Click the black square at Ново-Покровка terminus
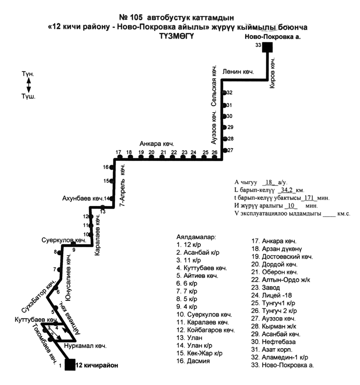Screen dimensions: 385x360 [268, 47]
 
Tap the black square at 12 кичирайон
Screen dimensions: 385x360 [70, 364]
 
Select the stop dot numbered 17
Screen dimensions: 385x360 [119, 158]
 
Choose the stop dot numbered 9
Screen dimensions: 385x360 [73, 245]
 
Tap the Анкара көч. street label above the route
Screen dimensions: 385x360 [157, 144]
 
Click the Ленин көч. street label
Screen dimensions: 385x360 [238, 72]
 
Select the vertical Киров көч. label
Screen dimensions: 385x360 [272, 75]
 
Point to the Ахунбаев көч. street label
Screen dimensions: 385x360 [83, 198]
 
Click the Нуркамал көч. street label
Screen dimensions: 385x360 [85, 346]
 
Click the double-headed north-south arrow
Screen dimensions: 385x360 [28, 85]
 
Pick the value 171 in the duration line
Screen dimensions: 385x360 [309, 198]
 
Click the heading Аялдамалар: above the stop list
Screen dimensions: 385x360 [197, 236]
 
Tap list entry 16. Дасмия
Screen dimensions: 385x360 [194, 361]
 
